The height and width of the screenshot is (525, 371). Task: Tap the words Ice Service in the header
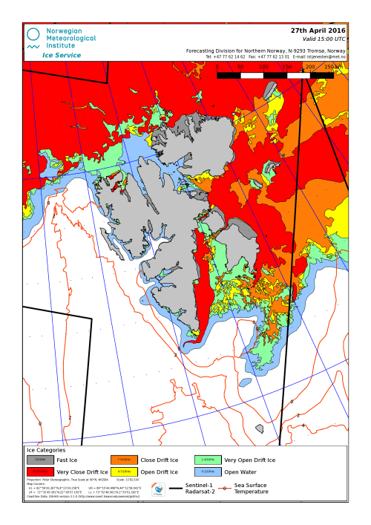click(x=62, y=55)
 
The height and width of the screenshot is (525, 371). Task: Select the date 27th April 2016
click(x=318, y=30)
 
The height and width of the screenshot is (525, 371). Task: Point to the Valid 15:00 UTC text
click(x=324, y=39)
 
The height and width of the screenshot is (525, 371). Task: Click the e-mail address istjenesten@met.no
click(x=326, y=56)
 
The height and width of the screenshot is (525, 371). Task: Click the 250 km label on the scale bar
click(x=334, y=67)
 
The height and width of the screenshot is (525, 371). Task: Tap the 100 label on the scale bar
click(x=263, y=67)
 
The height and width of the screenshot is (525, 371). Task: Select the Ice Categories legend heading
click(x=46, y=450)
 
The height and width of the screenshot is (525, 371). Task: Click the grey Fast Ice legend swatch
click(x=40, y=460)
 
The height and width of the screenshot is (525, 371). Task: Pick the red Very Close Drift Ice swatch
click(x=40, y=472)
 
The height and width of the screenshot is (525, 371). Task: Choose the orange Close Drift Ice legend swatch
click(x=124, y=460)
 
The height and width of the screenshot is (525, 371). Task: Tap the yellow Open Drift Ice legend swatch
click(x=124, y=472)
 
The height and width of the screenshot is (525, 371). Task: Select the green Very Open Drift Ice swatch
click(x=208, y=460)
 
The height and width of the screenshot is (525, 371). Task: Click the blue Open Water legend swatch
click(x=208, y=472)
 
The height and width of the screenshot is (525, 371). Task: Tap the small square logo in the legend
click(x=158, y=489)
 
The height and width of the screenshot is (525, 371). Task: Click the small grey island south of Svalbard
click(x=259, y=428)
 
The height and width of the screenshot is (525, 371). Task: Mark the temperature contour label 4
click(x=303, y=425)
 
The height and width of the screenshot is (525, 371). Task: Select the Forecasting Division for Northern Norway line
click(x=265, y=50)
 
